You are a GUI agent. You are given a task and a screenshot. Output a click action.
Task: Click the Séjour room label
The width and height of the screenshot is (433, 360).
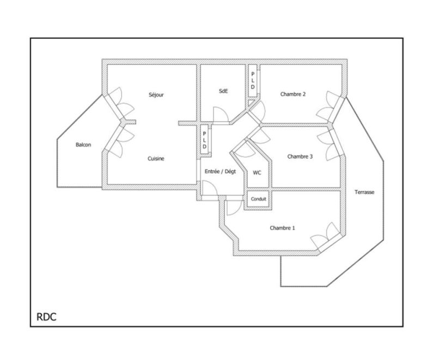(x=156, y=95)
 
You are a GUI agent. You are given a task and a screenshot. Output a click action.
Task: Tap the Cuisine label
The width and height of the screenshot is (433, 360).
(x=156, y=158)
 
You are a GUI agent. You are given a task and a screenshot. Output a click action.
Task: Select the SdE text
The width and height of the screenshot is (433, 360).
(x=223, y=91)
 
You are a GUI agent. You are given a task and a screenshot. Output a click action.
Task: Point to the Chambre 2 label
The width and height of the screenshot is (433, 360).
(x=292, y=94)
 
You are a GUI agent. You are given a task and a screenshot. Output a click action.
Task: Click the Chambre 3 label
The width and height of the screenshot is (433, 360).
(x=300, y=156)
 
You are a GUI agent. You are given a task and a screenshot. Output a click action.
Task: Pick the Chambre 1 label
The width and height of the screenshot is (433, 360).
(x=282, y=228)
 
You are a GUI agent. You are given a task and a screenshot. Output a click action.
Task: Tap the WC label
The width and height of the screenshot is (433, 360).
(x=257, y=173)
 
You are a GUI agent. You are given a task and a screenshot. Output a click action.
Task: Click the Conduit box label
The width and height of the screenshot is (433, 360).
(x=259, y=199)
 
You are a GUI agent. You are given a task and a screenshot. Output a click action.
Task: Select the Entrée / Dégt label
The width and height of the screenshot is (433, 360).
(x=221, y=172)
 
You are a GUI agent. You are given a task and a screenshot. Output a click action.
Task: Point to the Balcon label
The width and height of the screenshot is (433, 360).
(x=83, y=145)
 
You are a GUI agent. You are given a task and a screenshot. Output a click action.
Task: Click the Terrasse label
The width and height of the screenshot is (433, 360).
(x=364, y=192)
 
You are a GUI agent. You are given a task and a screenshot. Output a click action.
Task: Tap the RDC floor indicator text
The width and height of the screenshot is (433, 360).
(x=46, y=317)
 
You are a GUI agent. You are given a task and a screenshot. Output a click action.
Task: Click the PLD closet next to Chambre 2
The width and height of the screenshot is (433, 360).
(x=252, y=81)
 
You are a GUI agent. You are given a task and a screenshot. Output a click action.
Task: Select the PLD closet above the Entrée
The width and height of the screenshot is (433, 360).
(x=204, y=141)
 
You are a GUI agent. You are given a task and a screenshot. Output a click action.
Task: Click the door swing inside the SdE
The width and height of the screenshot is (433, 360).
(x=221, y=114)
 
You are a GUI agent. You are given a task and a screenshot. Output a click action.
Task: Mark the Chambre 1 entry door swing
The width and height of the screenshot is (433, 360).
(x=234, y=208)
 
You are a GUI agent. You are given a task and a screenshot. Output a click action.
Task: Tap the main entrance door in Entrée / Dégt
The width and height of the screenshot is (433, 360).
(x=210, y=188)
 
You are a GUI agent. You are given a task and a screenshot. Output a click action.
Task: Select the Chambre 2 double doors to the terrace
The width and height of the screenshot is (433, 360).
(x=328, y=107)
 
